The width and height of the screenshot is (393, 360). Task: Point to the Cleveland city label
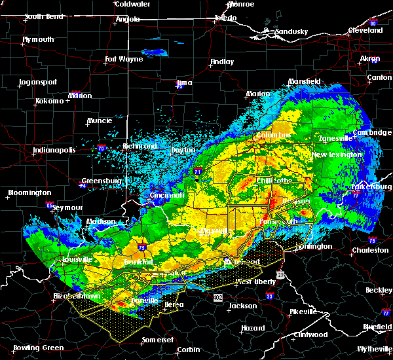[365, 30]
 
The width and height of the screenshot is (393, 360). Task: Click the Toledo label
[223, 18]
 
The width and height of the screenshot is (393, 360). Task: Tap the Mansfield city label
[305, 82]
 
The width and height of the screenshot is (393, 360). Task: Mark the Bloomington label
[29, 192]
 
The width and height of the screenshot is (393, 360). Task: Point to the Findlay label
[221, 62]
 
